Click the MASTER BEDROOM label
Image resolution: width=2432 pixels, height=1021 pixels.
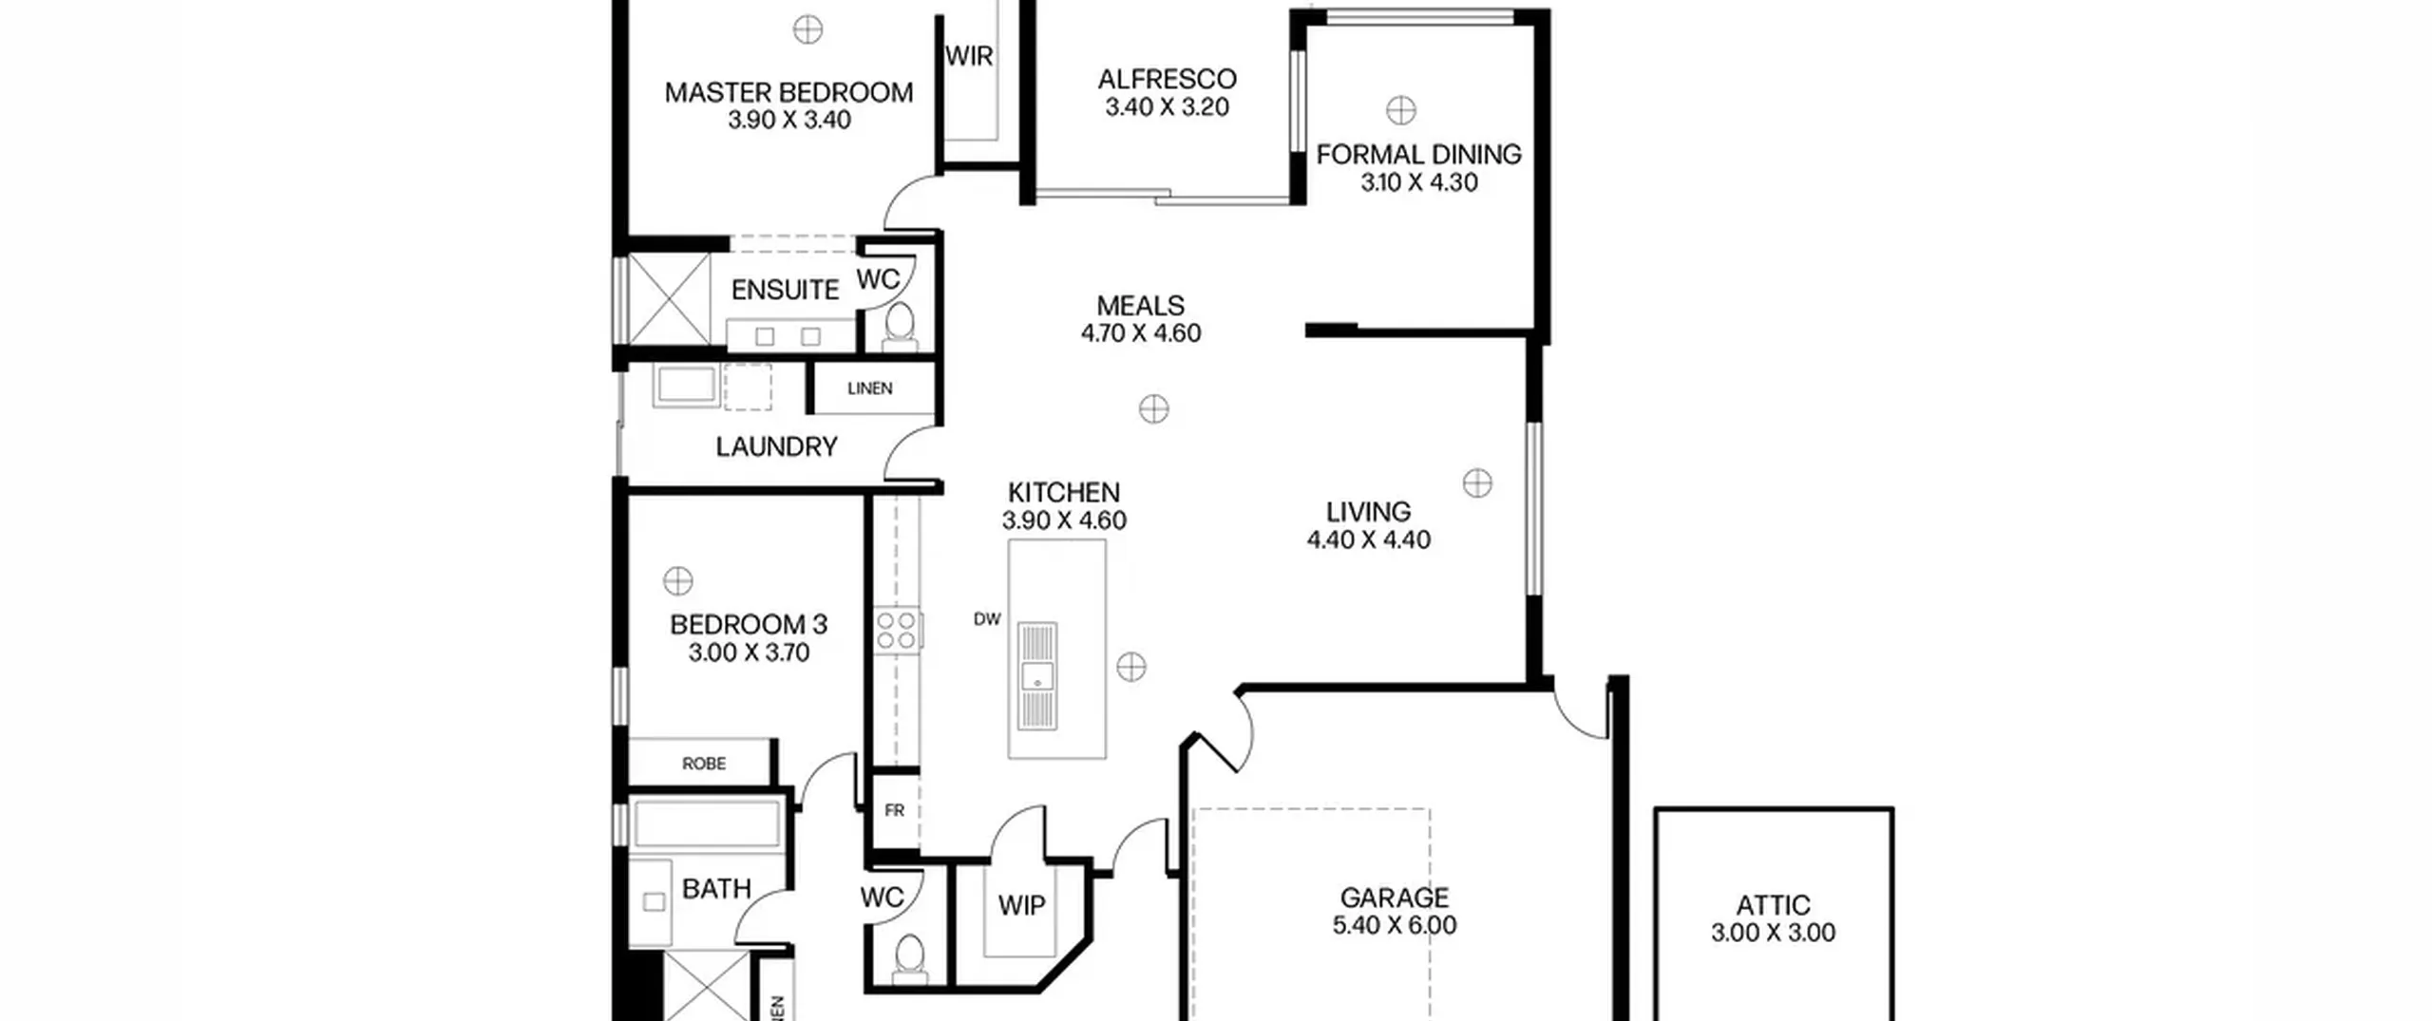[x=788, y=92]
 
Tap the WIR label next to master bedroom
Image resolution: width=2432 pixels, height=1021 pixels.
[x=969, y=56]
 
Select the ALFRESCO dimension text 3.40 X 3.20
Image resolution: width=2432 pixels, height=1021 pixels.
[x=1167, y=106]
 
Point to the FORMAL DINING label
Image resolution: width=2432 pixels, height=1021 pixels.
[x=1418, y=154]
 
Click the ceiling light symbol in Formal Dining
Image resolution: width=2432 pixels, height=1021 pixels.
[x=1400, y=110]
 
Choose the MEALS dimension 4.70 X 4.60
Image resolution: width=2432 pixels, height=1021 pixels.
[x=1140, y=333]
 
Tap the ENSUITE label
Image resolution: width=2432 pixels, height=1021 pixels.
[x=785, y=290]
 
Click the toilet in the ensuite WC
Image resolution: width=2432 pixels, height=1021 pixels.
[x=899, y=324]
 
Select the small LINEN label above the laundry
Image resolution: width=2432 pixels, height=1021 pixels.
[x=869, y=388]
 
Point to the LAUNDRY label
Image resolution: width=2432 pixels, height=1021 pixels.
[x=776, y=446]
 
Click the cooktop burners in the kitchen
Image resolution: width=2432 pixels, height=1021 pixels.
[x=896, y=629]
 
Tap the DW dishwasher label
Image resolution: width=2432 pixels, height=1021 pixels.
[x=987, y=619]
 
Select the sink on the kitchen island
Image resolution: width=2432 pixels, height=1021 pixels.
[x=1037, y=676]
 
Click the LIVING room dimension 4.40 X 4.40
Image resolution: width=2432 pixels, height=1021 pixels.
[x=1368, y=539]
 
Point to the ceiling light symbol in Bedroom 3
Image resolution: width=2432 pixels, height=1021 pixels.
[x=677, y=579]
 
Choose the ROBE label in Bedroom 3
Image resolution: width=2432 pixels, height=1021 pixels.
[x=703, y=764]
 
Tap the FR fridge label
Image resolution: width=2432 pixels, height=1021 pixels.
[x=894, y=810]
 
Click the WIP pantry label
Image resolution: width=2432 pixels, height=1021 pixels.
[x=1021, y=906]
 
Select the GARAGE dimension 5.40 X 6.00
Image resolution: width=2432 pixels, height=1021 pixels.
[x=1394, y=925]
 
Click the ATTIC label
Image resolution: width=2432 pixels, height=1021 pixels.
[x=1773, y=905]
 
